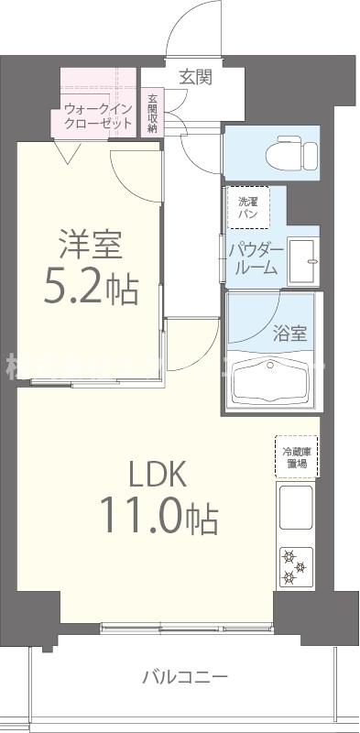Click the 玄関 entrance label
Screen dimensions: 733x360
(195, 77)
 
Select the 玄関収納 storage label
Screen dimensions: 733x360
(151, 112)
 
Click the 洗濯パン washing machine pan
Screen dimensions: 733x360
(248, 207)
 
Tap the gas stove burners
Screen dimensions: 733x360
(295, 565)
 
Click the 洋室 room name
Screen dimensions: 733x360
(92, 246)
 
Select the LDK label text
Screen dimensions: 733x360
(157, 475)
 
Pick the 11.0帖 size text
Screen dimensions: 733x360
(158, 519)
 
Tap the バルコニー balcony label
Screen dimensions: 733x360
(185, 678)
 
